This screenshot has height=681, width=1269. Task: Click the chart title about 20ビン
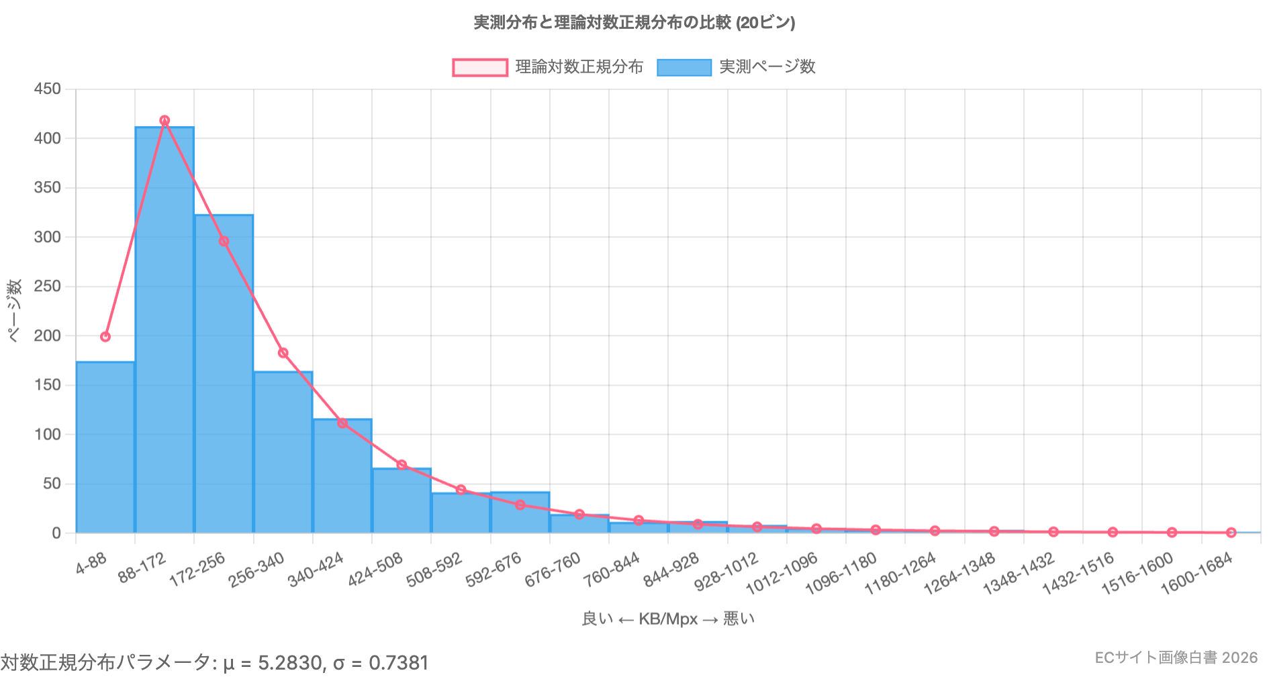pyautogui.click(x=634, y=23)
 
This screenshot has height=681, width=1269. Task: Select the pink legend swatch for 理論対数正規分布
pyautogui.click(x=480, y=68)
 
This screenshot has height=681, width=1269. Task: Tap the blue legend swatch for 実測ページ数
pyautogui.click(x=684, y=68)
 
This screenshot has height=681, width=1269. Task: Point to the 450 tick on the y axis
pyautogui.click(x=48, y=89)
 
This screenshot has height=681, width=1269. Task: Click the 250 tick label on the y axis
pyautogui.click(x=48, y=286)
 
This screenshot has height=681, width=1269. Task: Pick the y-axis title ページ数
pyautogui.click(x=14, y=311)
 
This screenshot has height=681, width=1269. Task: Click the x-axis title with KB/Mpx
pyautogui.click(x=668, y=619)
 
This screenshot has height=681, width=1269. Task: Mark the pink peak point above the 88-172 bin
pyautogui.click(x=164, y=121)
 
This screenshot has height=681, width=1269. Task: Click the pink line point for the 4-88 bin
pyautogui.click(x=105, y=337)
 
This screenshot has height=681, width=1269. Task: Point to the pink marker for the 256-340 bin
pyautogui.click(x=283, y=353)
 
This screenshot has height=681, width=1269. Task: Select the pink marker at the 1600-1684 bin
pyautogui.click(x=1231, y=533)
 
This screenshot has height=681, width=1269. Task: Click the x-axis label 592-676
pyautogui.click(x=494, y=570)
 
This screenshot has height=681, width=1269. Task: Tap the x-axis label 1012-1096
pyautogui.click(x=782, y=574)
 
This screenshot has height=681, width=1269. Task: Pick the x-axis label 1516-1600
pyautogui.click(x=1137, y=574)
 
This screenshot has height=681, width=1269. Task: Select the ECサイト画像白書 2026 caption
pyautogui.click(x=1176, y=658)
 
